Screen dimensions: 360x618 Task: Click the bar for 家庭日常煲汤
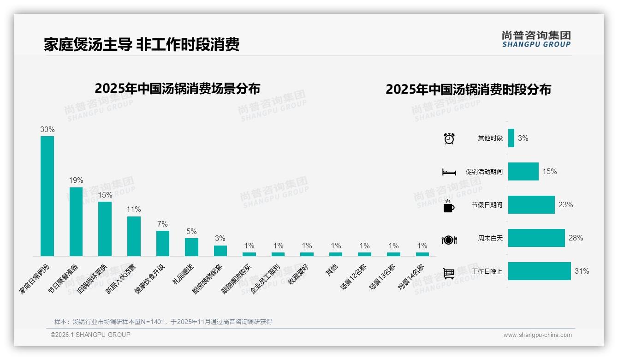47,196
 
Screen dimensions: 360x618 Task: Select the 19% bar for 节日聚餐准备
76,222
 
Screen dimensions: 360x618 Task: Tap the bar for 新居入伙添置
134,236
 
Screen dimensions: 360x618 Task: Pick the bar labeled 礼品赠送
191,247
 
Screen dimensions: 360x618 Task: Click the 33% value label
47,130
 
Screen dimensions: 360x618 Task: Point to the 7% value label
162,224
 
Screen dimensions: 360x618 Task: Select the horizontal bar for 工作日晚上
539,271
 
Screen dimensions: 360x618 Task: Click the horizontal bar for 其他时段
511,138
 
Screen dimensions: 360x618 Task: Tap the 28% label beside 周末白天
576,238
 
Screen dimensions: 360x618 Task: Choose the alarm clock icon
449,138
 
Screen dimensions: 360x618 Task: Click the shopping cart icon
449,273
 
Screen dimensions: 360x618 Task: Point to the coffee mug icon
449,206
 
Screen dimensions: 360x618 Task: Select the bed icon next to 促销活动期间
449,172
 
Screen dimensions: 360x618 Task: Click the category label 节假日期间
487,205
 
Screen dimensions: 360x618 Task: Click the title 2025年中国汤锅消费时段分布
468,90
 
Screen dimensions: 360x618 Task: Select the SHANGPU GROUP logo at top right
536,39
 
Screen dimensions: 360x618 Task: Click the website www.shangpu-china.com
537,335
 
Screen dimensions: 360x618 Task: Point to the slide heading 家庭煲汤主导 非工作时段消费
142,45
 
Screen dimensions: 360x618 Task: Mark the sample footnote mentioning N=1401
163,322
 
